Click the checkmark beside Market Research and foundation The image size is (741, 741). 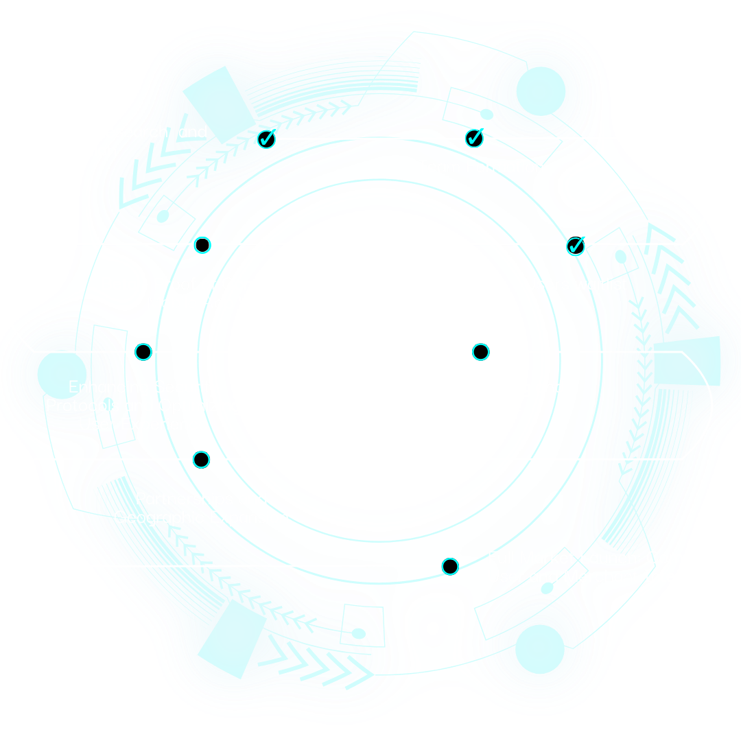(x=266, y=140)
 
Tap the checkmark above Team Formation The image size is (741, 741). (x=474, y=139)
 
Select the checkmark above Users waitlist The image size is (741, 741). (x=576, y=245)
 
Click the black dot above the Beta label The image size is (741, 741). (x=202, y=245)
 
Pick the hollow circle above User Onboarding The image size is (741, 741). (x=480, y=352)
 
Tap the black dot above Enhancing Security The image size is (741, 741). (x=143, y=352)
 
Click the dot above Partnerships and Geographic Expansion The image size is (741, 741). (x=201, y=459)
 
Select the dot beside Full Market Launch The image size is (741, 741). (x=450, y=566)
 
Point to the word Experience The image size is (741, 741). (x=165, y=424)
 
